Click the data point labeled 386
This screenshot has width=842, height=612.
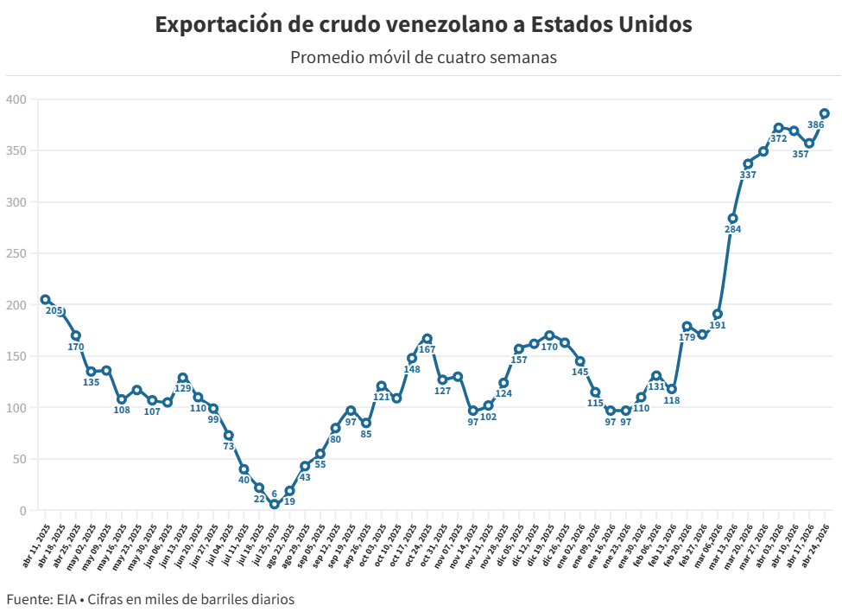click(x=825, y=113)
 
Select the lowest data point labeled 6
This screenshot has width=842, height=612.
click(x=275, y=504)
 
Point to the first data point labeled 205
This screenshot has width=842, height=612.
click(x=45, y=300)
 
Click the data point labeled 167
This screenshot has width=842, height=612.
click(x=427, y=339)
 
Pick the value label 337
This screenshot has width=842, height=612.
click(x=748, y=175)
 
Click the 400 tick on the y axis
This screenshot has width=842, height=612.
click(x=16, y=99)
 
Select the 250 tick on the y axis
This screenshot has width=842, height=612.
click(x=16, y=253)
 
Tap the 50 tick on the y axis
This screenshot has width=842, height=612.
click(x=19, y=459)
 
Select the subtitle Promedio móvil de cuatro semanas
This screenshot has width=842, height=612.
click(x=423, y=58)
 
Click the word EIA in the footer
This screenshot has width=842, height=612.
click(x=65, y=598)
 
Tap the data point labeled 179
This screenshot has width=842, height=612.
click(x=687, y=327)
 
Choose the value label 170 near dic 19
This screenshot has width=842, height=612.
click(x=549, y=347)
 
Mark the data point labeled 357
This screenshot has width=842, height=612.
click(x=809, y=143)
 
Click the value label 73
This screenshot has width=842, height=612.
click(x=229, y=447)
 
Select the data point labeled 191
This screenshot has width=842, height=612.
click(x=718, y=314)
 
